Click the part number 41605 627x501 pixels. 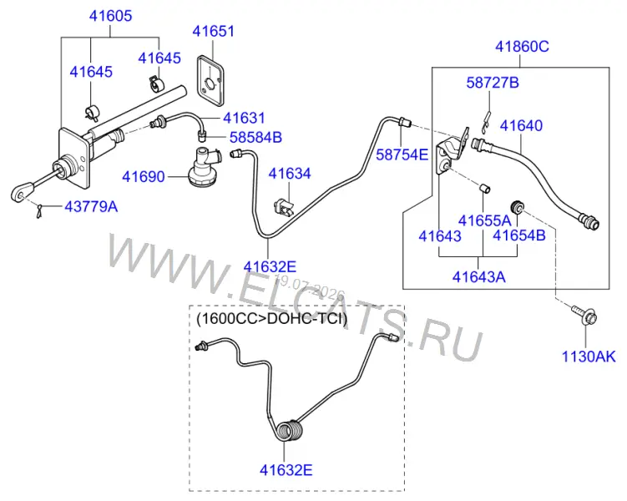pyautogui.click(x=110, y=16)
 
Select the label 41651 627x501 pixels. pyautogui.click(x=213, y=31)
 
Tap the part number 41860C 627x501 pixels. pyautogui.click(x=522, y=47)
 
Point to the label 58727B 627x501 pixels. pyautogui.click(x=493, y=83)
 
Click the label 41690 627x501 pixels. pyautogui.click(x=143, y=177)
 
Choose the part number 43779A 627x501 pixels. pyautogui.click(x=91, y=207)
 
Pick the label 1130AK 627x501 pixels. pyautogui.click(x=589, y=357)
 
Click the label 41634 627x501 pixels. pyautogui.click(x=290, y=174)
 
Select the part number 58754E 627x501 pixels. pyautogui.click(x=402, y=154)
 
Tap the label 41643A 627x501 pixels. pyautogui.click(x=478, y=276)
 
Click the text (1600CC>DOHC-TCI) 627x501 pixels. pyautogui.click(x=272, y=319)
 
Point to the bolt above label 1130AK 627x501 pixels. pyautogui.click(x=584, y=315)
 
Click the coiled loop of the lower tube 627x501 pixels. pyautogui.click(x=291, y=430)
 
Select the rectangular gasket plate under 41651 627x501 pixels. pyautogui.click(x=210, y=81)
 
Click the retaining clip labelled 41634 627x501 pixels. pyautogui.click(x=284, y=207)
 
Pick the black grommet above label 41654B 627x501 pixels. pyautogui.click(x=517, y=207)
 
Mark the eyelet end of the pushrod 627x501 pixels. pyautogui.click(x=22, y=192)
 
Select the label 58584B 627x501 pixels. pyautogui.click(x=255, y=138)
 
